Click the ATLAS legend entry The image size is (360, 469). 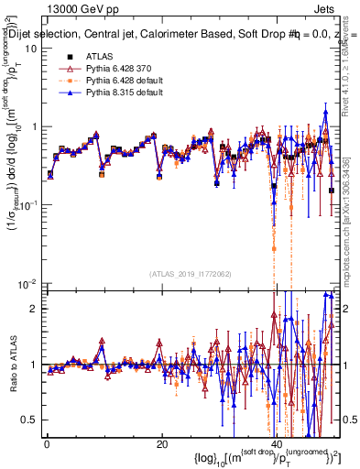(100, 56)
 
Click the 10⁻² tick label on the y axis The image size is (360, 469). (28, 282)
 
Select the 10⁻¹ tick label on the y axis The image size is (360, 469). (28, 204)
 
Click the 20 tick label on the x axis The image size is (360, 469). (162, 444)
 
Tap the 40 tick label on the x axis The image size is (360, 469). (278, 444)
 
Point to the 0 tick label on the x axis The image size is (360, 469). (47, 444)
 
